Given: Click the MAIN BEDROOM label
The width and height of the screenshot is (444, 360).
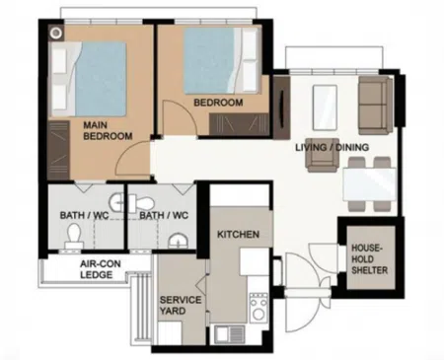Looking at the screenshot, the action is pyautogui.click(x=108, y=130).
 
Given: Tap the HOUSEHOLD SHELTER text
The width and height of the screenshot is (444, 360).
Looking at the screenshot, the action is pyautogui.click(x=369, y=259).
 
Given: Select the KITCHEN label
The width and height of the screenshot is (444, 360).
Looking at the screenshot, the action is pyautogui.click(x=238, y=235).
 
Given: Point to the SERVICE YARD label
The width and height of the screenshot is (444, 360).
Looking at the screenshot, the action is pyautogui.click(x=181, y=305).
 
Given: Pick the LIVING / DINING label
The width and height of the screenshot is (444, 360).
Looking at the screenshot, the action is pyautogui.click(x=332, y=147).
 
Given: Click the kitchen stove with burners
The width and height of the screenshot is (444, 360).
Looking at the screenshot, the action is pyautogui.click(x=259, y=307).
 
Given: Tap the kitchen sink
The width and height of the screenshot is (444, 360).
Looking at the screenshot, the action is pyautogui.click(x=230, y=333).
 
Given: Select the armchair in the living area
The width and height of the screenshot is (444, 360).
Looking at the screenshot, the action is pyautogui.click(x=323, y=155).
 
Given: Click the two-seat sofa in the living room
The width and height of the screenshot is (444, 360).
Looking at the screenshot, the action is pyautogui.click(x=375, y=106).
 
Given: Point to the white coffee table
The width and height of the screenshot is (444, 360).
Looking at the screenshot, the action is pyautogui.click(x=325, y=108).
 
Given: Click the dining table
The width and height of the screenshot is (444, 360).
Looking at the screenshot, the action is pyautogui.click(x=369, y=183).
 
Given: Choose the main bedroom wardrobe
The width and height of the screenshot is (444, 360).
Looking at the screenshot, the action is pyautogui.click(x=58, y=150).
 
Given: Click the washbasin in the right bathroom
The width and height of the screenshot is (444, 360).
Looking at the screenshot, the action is pyautogui.click(x=179, y=241).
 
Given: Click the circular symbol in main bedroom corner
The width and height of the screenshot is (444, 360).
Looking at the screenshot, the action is pyautogui.click(x=56, y=33).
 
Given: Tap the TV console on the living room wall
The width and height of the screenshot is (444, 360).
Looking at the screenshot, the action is pyautogui.click(x=281, y=108).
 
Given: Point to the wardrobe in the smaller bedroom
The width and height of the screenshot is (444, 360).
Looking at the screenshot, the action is pyautogui.click(x=239, y=124).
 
